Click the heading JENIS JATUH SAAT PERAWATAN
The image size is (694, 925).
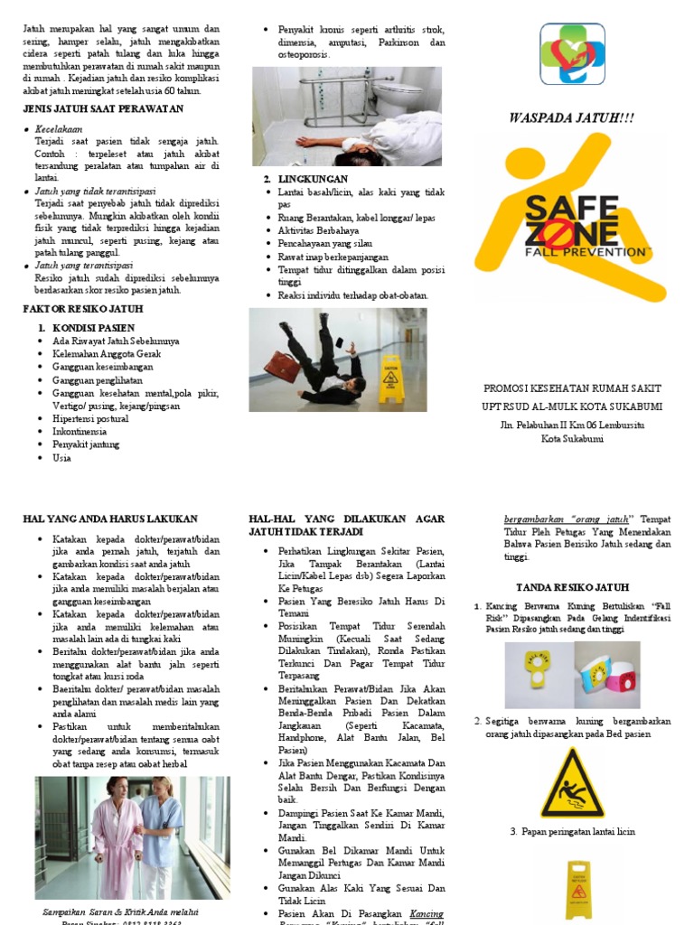(103, 109)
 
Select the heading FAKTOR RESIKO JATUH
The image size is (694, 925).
(83, 309)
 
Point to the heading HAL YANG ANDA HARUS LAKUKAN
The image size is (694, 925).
(109, 519)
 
